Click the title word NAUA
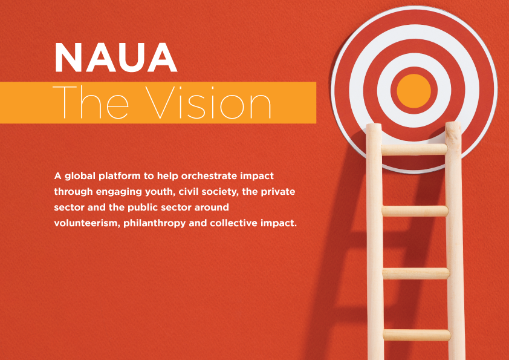(116, 57)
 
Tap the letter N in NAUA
(68, 57)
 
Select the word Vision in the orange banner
(208, 102)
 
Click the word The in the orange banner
(91, 102)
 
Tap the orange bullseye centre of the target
(413, 91)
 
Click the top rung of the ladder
(414, 149)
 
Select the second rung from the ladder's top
(415, 211)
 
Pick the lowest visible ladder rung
(417, 335)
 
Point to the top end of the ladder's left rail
(374, 125)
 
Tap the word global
(80, 177)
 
